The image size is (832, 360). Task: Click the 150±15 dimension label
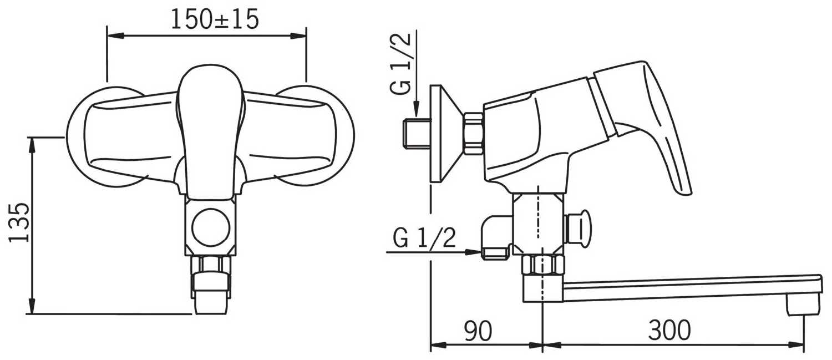[214, 19]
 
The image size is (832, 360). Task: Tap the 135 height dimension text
[18, 222]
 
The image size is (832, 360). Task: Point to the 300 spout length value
[669, 330]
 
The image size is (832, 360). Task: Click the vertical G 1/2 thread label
[401, 63]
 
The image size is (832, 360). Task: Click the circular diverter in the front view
[210, 227]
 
